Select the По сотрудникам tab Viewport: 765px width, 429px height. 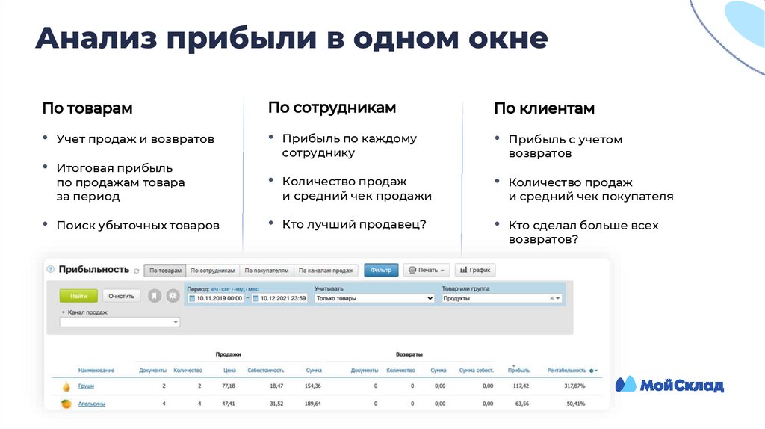[213, 271]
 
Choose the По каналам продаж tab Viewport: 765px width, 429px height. [326, 271]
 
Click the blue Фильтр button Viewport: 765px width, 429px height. [380, 271]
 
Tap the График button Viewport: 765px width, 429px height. [475, 271]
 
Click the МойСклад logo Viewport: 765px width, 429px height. [669, 385]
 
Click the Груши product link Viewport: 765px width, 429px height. [87, 386]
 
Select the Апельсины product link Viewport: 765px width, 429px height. [91, 404]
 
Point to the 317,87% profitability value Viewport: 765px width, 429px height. [569, 386]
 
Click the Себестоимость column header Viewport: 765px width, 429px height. [265, 370]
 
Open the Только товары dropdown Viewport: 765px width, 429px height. [374, 298]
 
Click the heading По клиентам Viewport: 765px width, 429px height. [544, 109]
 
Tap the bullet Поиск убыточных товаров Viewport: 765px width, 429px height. [137, 225]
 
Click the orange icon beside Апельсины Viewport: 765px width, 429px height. [65, 404]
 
